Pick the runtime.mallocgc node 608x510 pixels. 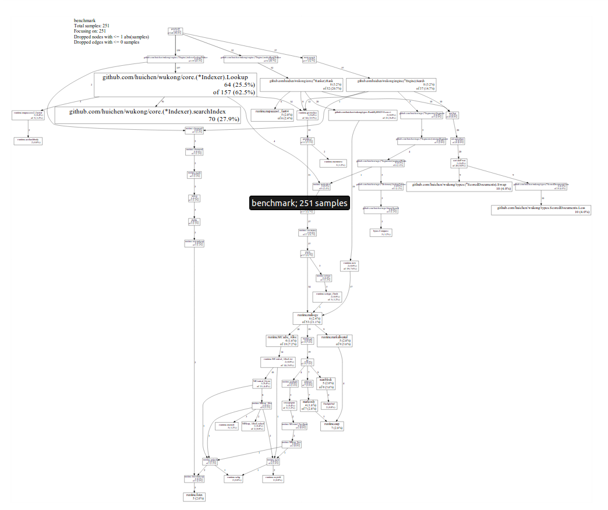pos(307,317)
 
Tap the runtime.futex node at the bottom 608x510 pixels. pos(195,496)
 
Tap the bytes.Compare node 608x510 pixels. pos(381,232)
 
